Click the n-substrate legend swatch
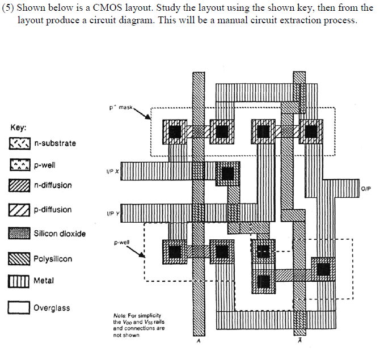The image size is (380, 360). tap(20, 143)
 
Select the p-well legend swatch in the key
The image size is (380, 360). tap(20, 166)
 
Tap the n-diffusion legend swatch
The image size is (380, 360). tap(20, 185)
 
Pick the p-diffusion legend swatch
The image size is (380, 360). tap(20, 210)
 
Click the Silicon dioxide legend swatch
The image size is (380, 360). tap(20, 234)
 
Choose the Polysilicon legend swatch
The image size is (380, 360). tap(20, 259)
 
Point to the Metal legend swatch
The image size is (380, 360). tap(20, 281)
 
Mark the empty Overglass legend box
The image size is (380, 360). tap(20, 308)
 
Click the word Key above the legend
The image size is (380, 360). tap(18, 128)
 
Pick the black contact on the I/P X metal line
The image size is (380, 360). tap(228, 173)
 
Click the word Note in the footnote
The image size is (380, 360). tap(120, 315)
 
